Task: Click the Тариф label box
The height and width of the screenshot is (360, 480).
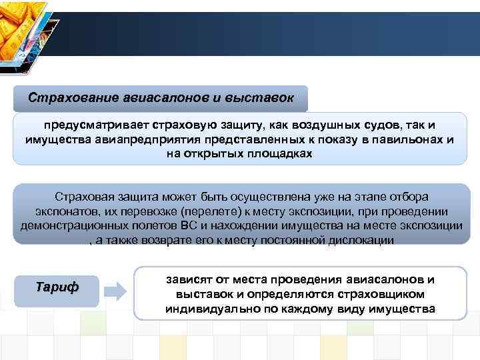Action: point(57,287)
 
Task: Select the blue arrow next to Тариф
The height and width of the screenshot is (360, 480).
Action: point(116,290)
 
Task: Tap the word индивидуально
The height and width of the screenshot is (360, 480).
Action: point(205,309)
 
